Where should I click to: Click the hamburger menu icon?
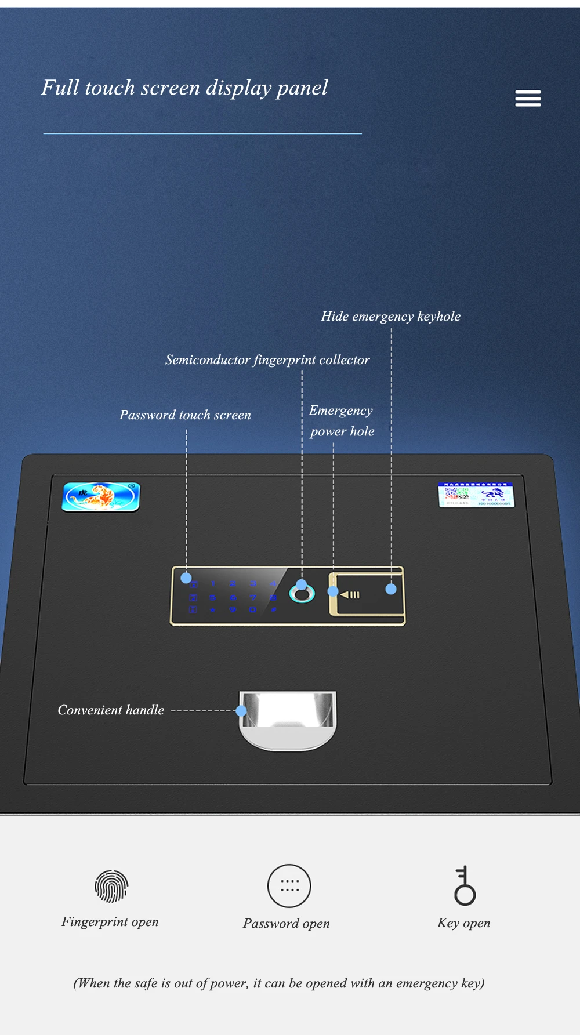coord(528,99)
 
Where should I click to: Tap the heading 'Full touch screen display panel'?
coord(184,88)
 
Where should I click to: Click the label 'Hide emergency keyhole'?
coord(391,317)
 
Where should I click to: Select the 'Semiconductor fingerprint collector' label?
coord(267,360)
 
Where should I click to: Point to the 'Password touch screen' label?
coord(185,415)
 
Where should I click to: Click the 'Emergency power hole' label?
coord(342,421)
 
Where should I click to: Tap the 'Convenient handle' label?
coord(111,710)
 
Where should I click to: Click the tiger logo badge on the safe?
coord(101,497)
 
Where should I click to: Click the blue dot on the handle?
coord(241,711)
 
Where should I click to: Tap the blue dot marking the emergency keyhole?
coord(391,589)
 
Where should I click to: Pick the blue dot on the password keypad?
coord(186,578)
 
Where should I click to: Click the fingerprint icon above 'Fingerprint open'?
coord(111,886)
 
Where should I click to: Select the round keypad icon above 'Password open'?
coord(289,886)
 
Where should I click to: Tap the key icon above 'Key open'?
coord(464,886)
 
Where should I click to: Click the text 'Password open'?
coord(287,924)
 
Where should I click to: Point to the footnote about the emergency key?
coord(279,983)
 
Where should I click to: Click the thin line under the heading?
coord(202,133)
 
